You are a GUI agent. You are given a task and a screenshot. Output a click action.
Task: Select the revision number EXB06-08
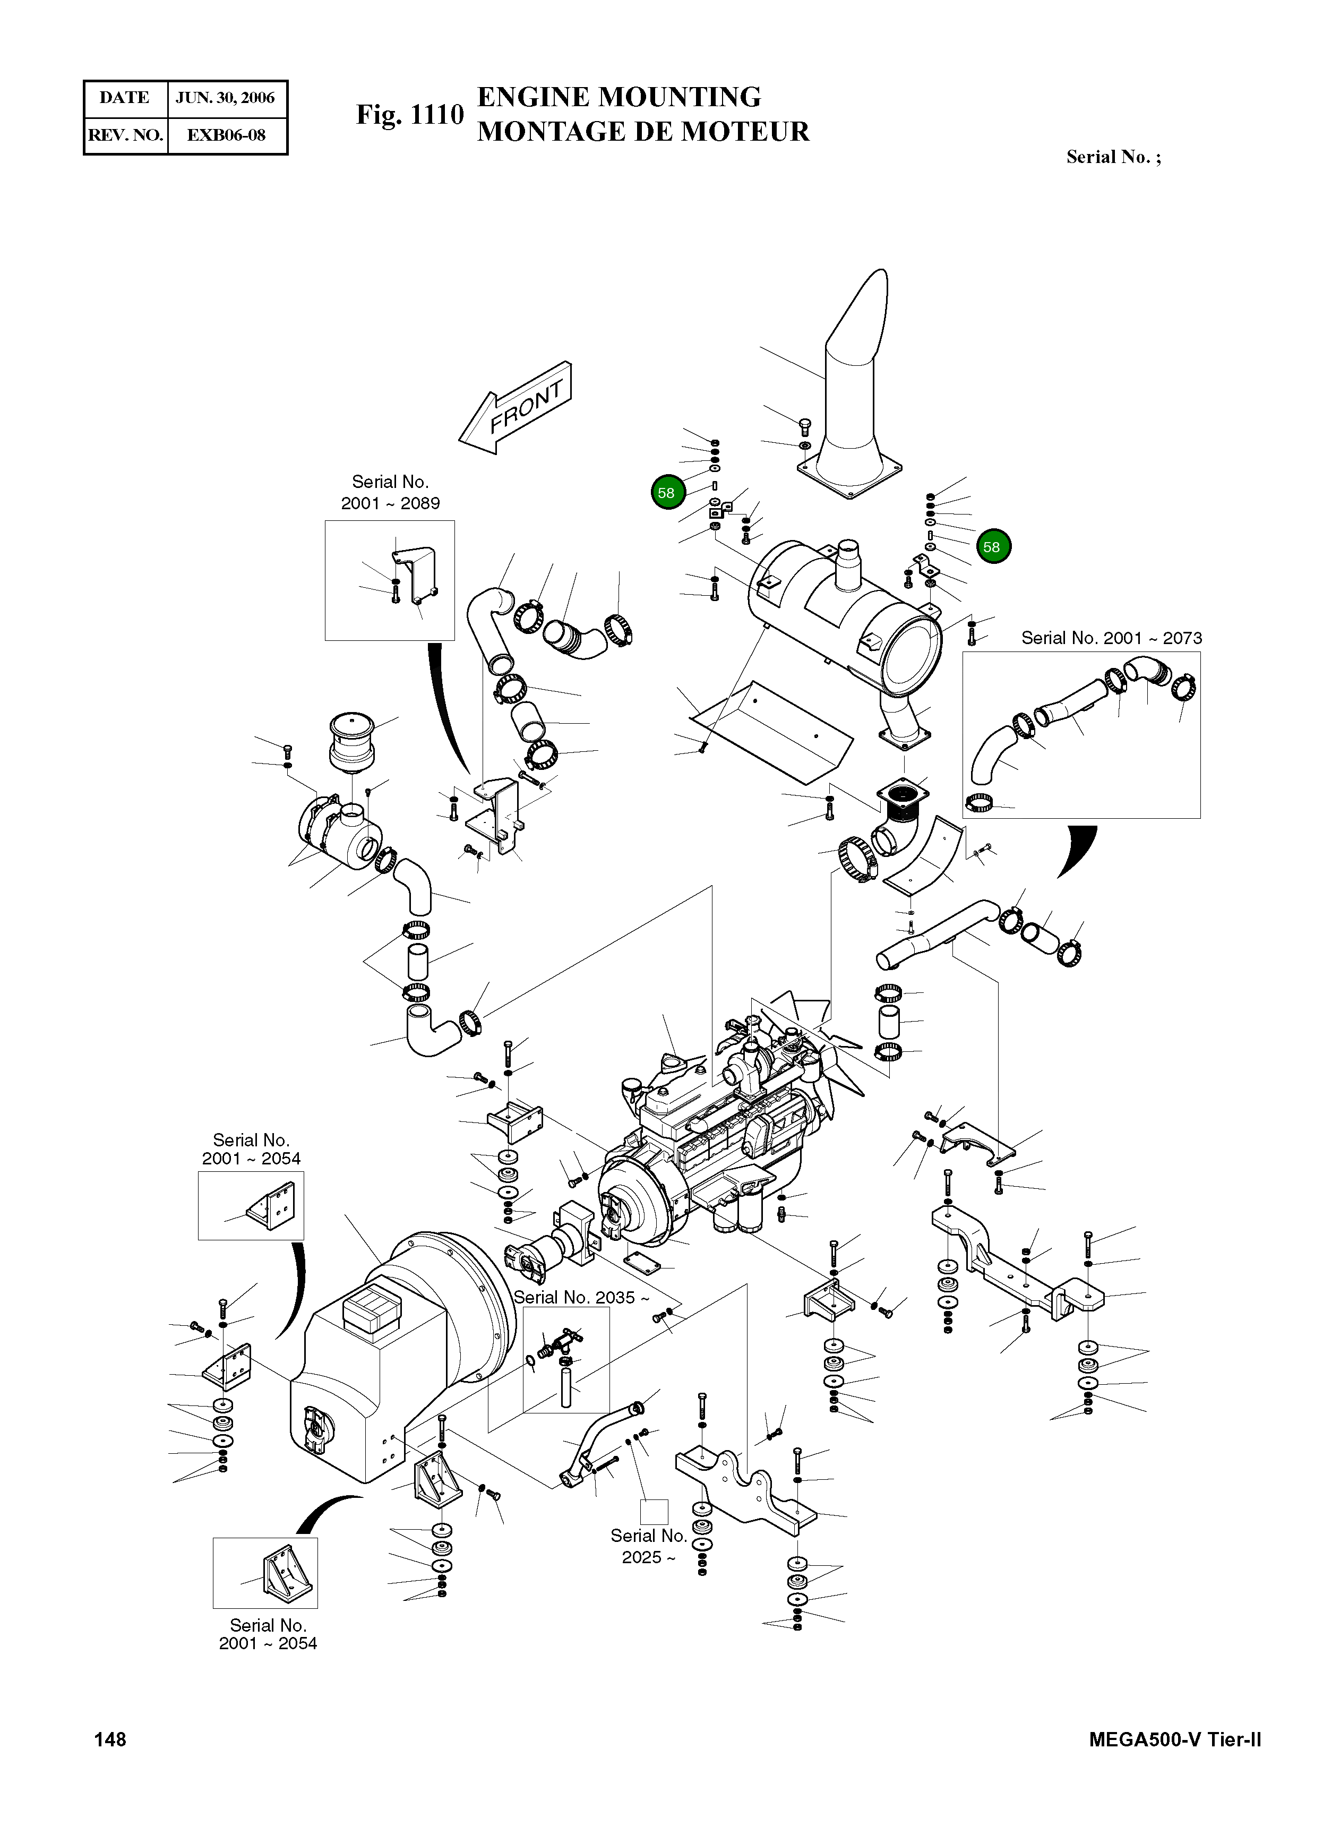point(226,135)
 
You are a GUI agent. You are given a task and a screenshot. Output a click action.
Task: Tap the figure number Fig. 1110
point(410,115)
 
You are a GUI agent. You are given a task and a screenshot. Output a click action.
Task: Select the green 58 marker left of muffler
point(667,492)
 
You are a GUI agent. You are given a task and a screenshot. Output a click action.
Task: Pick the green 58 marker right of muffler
point(993,547)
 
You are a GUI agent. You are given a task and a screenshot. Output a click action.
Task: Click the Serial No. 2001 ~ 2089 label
point(390,492)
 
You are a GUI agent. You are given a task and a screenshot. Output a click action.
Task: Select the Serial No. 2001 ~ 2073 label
point(1111,638)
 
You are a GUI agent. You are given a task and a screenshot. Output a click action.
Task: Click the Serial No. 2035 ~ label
point(581,1298)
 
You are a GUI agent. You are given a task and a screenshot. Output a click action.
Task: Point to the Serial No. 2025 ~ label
point(648,1547)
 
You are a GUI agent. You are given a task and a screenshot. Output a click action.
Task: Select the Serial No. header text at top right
point(1113,157)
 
